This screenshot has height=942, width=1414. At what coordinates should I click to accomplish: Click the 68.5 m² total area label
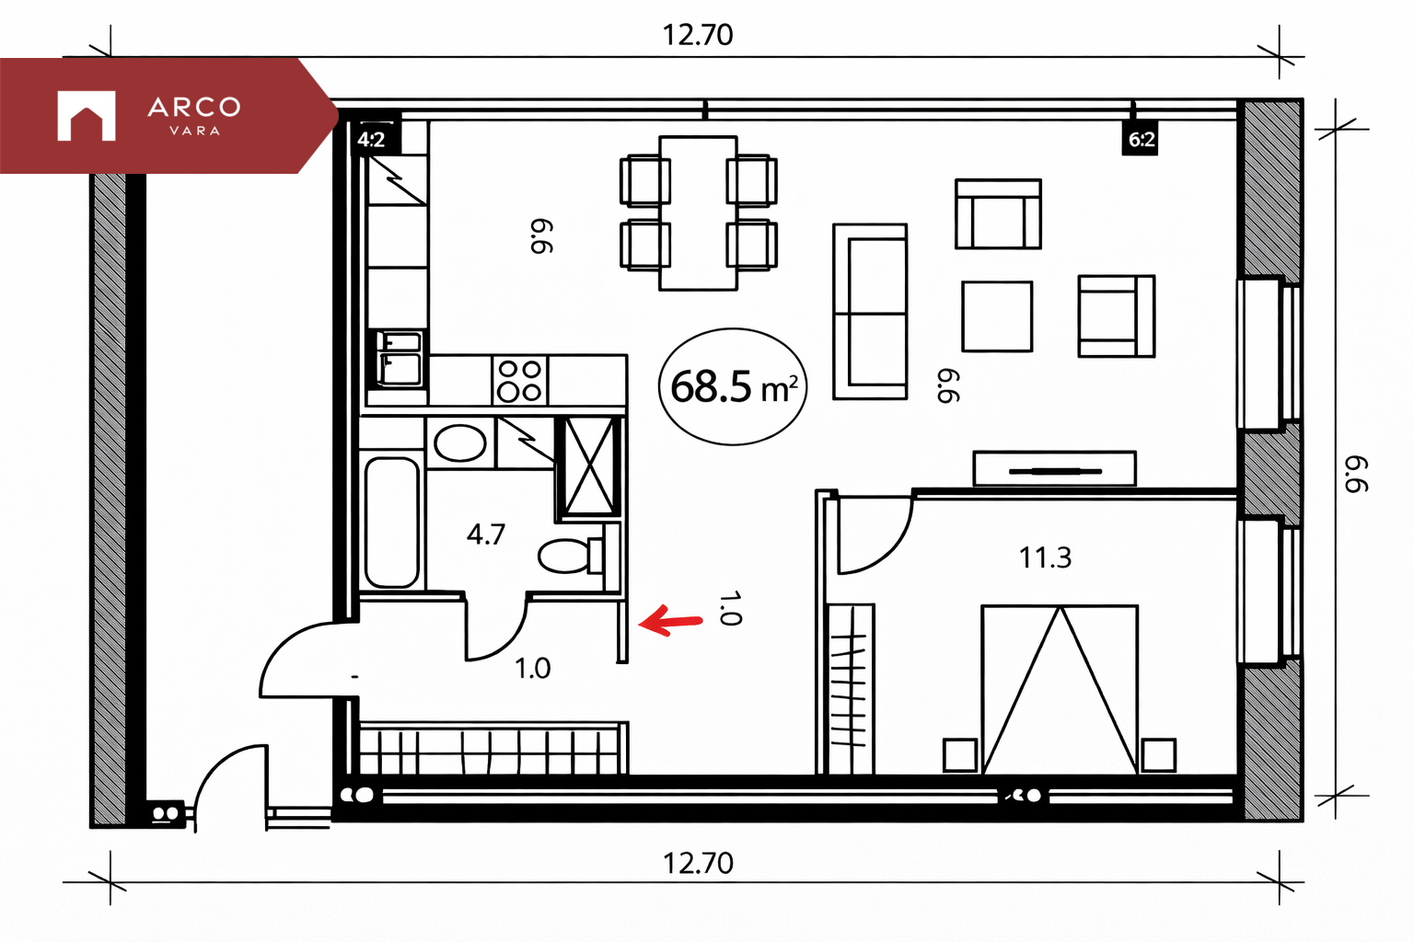pyautogui.click(x=734, y=386)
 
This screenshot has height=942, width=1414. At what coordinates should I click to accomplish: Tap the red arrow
pyautogui.click(x=670, y=621)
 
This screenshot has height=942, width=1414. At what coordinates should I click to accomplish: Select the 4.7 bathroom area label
pyautogui.click(x=485, y=535)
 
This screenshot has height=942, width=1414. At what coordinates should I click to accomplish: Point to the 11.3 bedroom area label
pyautogui.click(x=1045, y=557)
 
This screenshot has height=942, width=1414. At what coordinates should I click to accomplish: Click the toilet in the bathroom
pyautogui.click(x=572, y=556)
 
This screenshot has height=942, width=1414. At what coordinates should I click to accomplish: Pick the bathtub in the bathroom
pyautogui.click(x=391, y=523)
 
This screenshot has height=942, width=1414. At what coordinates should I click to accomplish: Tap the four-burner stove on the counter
pyautogui.click(x=519, y=381)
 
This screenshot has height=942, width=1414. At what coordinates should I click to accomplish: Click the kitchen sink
pyautogui.click(x=398, y=359)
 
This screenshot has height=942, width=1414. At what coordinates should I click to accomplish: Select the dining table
pyautogui.click(x=698, y=213)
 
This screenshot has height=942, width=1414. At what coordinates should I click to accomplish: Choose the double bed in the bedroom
pyautogui.click(x=1060, y=690)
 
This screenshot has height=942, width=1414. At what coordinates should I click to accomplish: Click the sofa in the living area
pyautogui.click(x=870, y=312)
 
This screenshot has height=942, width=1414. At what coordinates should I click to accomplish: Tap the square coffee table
pyautogui.click(x=997, y=316)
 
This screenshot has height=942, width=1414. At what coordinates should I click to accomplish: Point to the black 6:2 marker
pyautogui.click(x=1140, y=139)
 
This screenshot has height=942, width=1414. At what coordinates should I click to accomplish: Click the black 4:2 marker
pyautogui.click(x=372, y=140)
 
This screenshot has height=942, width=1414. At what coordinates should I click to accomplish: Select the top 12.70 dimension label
pyautogui.click(x=698, y=35)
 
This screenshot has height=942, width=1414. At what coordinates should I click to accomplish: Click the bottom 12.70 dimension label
pyautogui.click(x=698, y=863)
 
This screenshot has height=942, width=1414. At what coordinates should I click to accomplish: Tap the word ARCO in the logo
pyautogui.click(x=194, y=108)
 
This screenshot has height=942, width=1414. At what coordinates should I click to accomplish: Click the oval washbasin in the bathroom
pyautogui.click(x=459, y=442)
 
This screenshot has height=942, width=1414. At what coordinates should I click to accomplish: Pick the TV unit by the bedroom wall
pyautogui.click(x=1054, y=468)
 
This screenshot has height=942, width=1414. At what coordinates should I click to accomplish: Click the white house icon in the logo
pyautogui.click(x=87, y=116)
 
